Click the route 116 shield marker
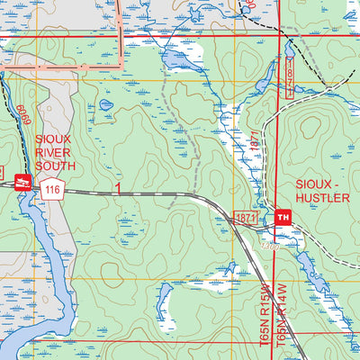coord(52,190)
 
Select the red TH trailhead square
coord(284,218)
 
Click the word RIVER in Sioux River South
coord(54,152)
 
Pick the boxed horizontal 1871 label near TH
coord(247,218)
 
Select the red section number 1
coord(117,187)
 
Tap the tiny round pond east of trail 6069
coord(106,104)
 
